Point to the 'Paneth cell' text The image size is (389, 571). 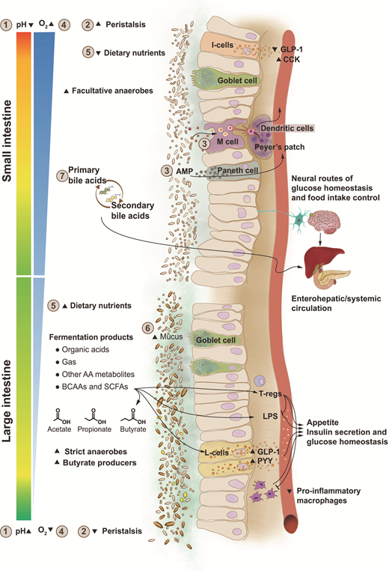pyautogui.click(x=245, y=171)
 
